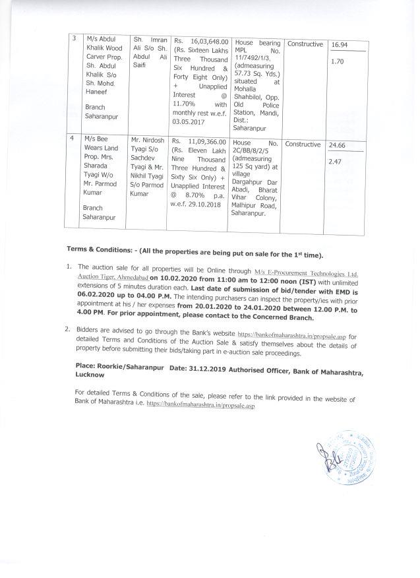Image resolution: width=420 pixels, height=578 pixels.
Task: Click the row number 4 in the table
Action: tap(73, 141)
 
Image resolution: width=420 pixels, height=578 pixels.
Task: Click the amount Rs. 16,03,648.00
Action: tap(198, 40)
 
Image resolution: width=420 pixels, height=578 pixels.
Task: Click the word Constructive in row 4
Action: tap(304, 144)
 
